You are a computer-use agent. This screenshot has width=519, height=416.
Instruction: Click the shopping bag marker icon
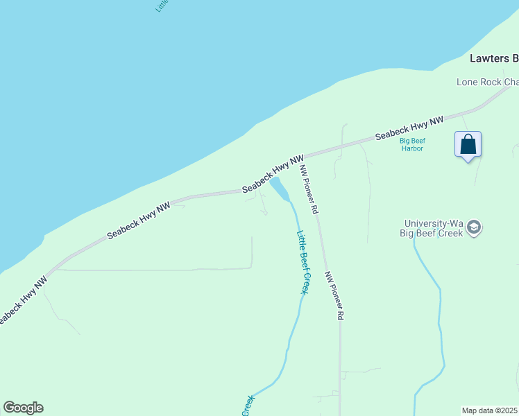[468, 145]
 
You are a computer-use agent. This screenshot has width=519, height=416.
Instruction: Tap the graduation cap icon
[474, 227]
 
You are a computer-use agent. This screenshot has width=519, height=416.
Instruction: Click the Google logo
[23, 408]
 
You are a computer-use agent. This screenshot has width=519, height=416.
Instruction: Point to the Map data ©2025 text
[490, 410]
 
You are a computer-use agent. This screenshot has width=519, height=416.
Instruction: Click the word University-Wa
[434, 223]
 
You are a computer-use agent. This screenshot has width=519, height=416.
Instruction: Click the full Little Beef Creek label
[303, 262]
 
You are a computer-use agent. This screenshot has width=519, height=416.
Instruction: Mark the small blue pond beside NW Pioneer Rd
[280, 188]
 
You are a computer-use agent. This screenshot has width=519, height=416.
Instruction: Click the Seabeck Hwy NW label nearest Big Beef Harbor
[409, 129]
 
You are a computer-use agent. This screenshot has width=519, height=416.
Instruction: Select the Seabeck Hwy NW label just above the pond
[273, 174]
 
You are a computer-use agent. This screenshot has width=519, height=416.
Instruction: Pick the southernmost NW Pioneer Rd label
[334, 295]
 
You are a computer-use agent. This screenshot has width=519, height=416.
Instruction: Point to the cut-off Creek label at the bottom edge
[247, 406]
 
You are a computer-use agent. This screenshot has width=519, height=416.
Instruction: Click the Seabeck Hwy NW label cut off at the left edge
[21, 302]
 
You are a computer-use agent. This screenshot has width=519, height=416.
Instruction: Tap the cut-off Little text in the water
[162, 6]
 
